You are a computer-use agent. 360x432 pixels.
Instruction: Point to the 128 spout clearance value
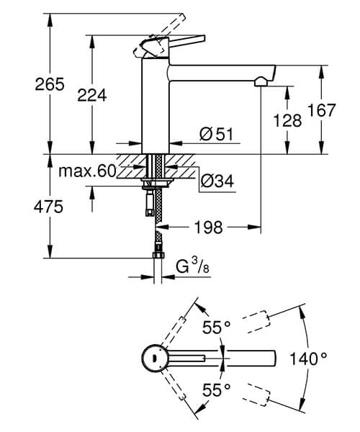pos(287,120)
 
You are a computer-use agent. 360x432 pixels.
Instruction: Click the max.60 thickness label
pos(88,171)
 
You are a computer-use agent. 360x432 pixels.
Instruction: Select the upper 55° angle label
pos(215,328)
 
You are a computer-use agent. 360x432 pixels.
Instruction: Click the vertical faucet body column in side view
pos(155,108)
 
